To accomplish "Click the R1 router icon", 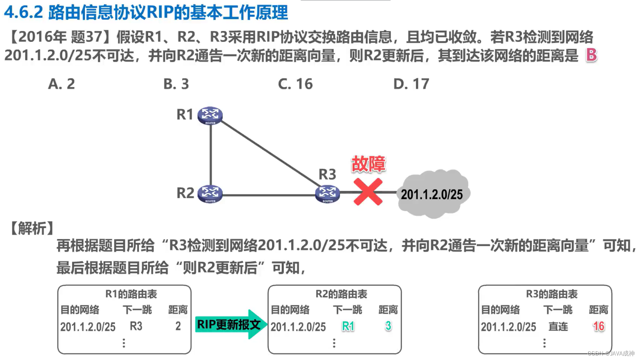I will coord(210,115).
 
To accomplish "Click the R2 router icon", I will coord(210,194).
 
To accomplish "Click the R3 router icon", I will coord(328,194).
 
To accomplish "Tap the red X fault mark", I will coord(368,192).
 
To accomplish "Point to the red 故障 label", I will coord(368,164).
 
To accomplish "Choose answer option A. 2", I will coord(61,84).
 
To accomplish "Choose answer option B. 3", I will coord(176,84).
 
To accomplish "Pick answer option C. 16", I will coord(295,84).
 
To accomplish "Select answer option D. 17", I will coord(411,84).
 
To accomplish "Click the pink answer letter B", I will coord(591,55).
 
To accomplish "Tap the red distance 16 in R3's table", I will coord(599,326).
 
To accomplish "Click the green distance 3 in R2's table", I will coord(388,326).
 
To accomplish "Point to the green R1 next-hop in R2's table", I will coord(348,326).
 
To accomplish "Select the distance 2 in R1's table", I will coord(178,326).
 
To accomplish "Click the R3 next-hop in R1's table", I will coord(136,326).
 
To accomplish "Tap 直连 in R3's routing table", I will coord(558,326).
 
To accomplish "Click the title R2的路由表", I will coord(341,294).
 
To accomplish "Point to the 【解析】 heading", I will coord(32,228).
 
